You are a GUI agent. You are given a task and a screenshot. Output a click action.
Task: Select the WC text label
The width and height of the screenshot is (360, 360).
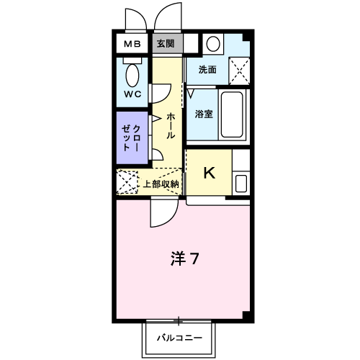(x=132, y=94)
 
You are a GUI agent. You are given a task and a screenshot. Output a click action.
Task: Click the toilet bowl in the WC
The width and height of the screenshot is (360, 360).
(x=132, y=74)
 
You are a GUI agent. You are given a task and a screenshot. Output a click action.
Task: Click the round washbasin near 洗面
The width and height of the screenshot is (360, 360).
(x=213, y=43)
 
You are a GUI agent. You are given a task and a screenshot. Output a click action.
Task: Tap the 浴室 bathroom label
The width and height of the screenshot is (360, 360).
(x=204, y=114)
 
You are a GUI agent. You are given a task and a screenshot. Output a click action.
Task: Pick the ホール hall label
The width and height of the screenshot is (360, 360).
(x=171, y=125)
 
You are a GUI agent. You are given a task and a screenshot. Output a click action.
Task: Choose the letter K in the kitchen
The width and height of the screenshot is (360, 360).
(x=209, y=173)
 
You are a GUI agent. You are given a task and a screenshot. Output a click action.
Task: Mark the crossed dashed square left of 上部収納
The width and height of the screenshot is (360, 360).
(x=127, y=182)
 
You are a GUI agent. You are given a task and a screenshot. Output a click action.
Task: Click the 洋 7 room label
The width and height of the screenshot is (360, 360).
(x=184, y=257)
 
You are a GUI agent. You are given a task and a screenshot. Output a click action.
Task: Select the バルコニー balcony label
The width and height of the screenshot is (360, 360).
(x=179, y=337)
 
